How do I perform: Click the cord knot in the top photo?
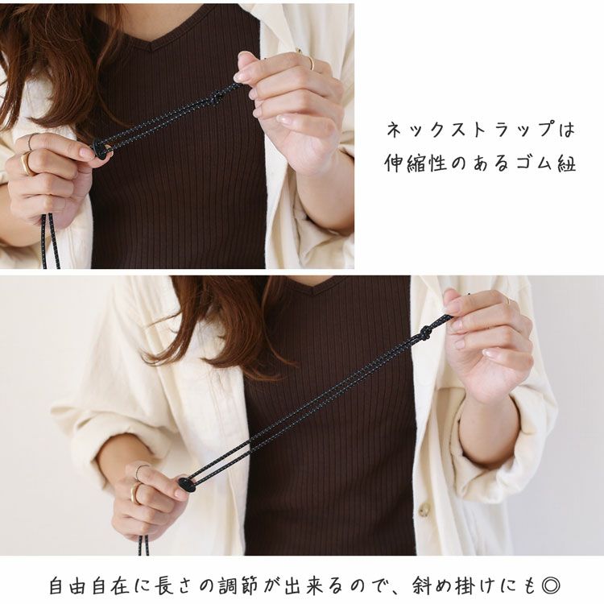pos(216,100)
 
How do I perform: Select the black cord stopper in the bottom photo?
pos(187,484)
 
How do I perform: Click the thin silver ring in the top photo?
pos(31,142)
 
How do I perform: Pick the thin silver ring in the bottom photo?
pos(140,471)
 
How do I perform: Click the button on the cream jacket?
pos(424,509)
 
